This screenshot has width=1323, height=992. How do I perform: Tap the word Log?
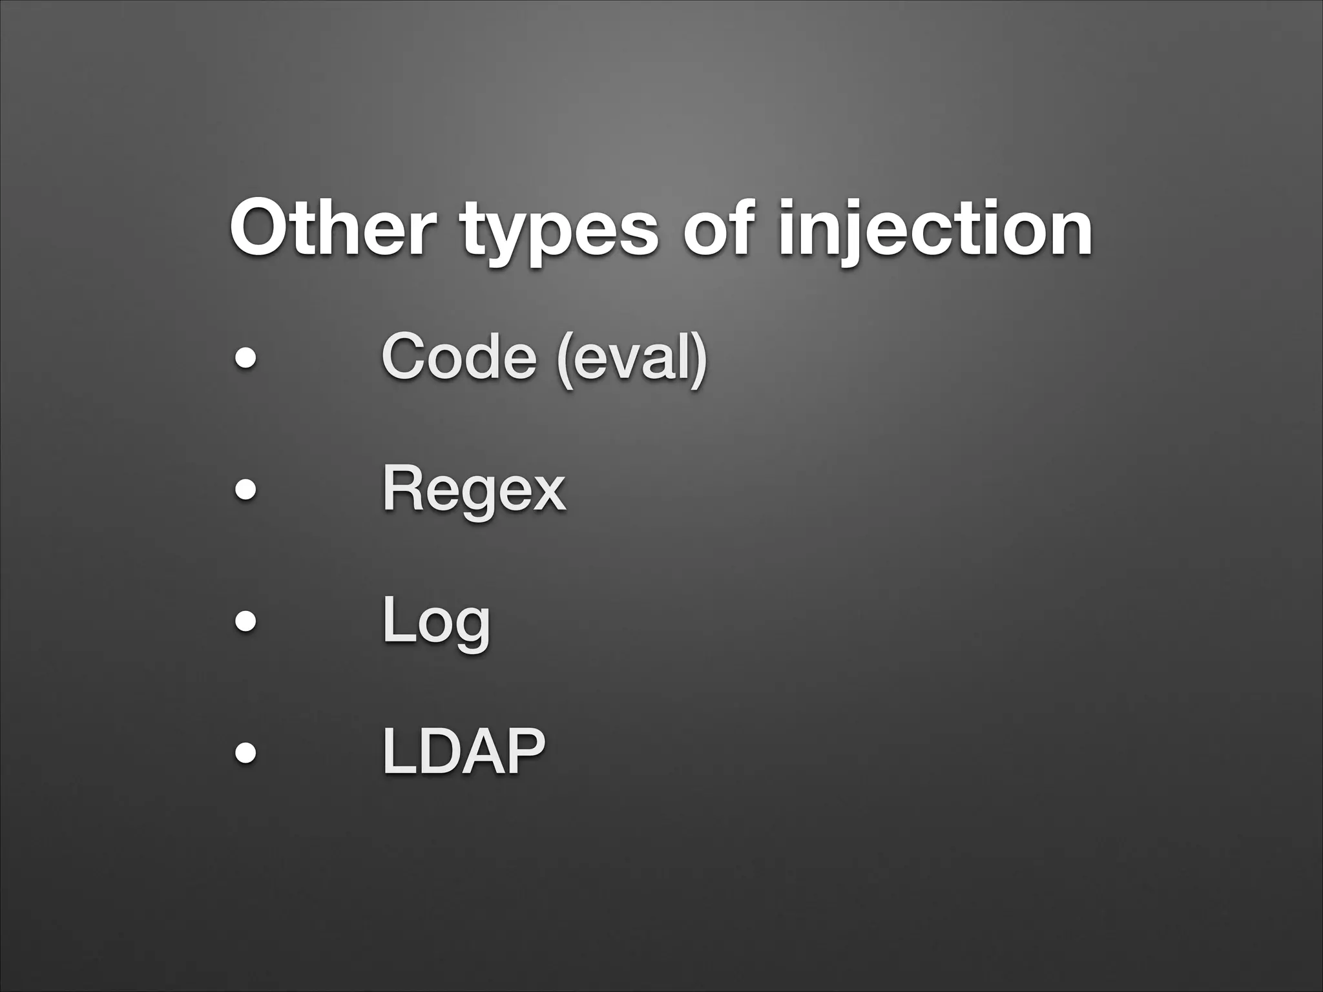point(436,621)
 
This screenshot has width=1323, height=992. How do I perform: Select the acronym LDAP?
point(464,751)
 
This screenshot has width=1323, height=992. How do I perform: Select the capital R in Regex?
point(402,488)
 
